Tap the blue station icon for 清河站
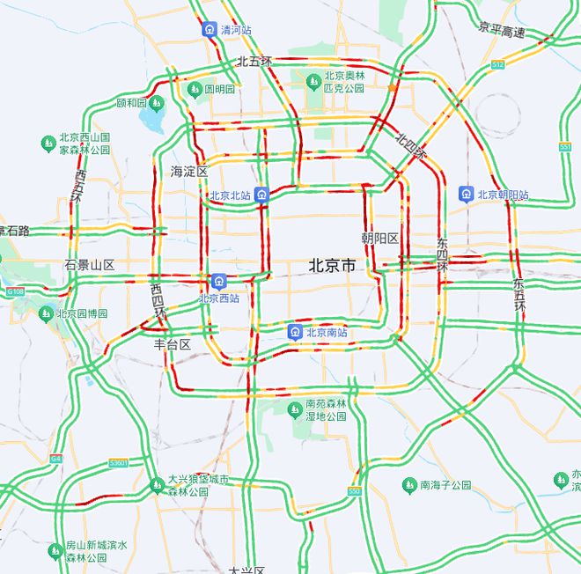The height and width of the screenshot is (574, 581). point(210,29)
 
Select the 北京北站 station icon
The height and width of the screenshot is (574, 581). point(261,195)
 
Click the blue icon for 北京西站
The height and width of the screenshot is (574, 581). point(218,282)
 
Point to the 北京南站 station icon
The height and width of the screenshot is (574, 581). point(296,332)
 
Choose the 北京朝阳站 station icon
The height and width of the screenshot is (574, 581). point(466,194)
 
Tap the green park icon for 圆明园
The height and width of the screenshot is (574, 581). point(195,89)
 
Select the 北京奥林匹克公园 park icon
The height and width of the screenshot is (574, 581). point(313,82)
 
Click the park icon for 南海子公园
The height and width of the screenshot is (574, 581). point(409,485)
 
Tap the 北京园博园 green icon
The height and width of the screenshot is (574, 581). point(47,313)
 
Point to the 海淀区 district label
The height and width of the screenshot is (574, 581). point(188,171)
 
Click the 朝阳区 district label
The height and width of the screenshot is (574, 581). point(380,239)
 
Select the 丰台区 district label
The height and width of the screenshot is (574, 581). point(173,344)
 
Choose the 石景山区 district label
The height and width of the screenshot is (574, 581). point(90,265)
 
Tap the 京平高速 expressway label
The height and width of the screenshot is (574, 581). point(502,32)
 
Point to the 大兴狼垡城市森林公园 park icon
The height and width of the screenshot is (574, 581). point(157,484)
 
